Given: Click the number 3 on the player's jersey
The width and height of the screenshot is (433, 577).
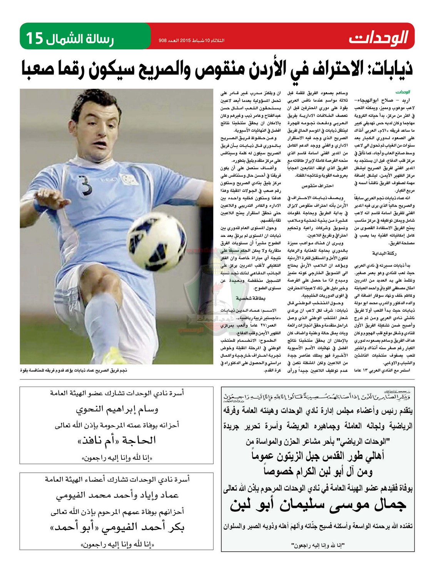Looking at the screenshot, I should point(87,188).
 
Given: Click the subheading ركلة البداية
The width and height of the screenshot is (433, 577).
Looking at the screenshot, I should point(384,253).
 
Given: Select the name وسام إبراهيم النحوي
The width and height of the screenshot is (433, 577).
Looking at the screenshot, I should point(117,409).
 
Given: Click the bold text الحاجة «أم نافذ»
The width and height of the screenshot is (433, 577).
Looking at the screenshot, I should point(117,440).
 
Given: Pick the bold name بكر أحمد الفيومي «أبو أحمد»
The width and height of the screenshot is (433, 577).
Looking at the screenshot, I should point(117,527).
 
